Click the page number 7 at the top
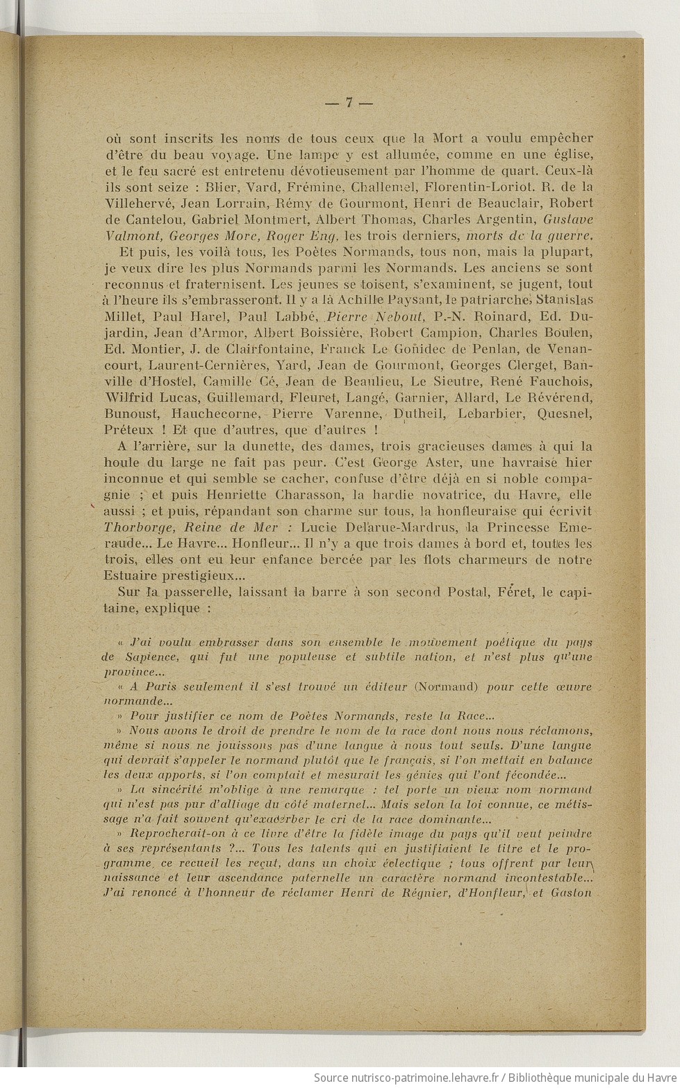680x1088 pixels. (x=349, y=103)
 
